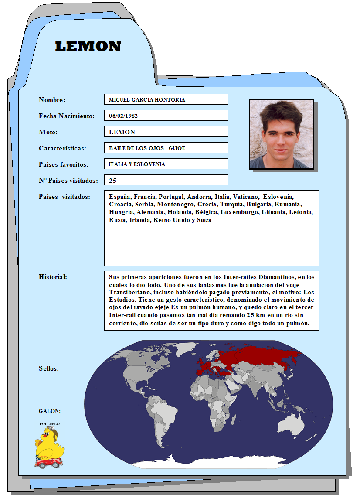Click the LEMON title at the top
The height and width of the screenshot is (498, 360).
click(88, 47)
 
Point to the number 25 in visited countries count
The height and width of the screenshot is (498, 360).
click(112, 181)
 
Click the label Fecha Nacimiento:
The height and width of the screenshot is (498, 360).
click(66, 116)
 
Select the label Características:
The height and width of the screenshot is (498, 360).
click(62, 148)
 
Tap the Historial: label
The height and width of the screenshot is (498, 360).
click(53, 277)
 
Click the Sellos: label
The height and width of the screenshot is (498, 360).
click(49, 368)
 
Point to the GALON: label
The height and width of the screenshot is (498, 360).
click(50, 411)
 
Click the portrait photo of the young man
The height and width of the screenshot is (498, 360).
click(282, 134)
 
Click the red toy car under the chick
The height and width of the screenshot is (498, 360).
click(49, 462)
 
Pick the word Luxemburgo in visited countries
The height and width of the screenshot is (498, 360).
click(240, 212)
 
